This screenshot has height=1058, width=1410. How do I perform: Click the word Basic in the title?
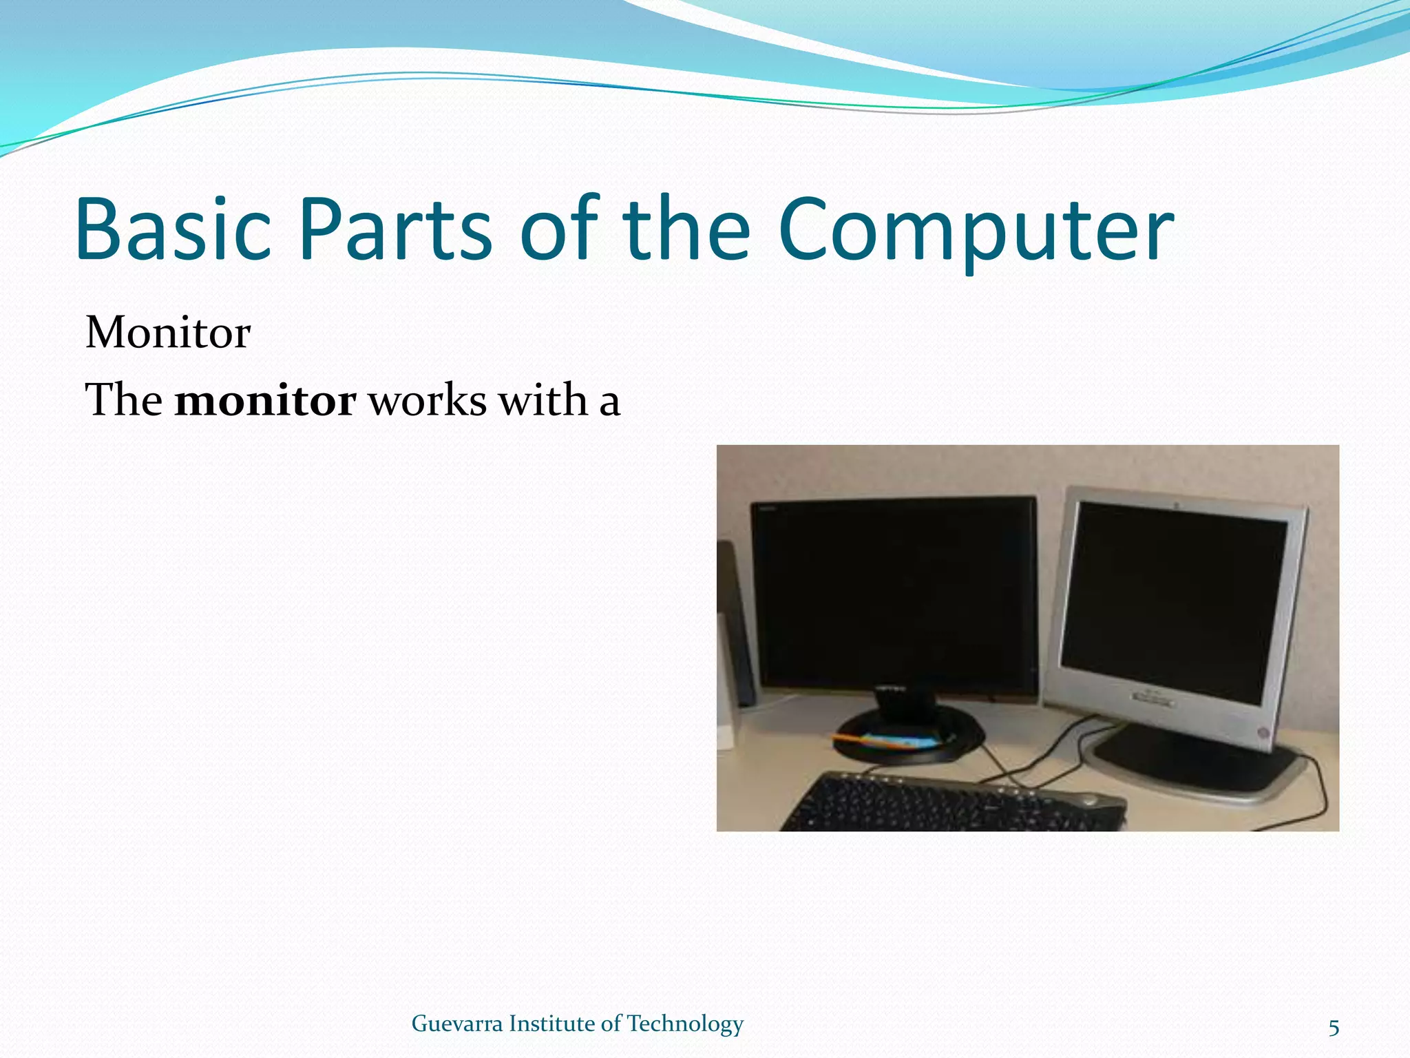[173, 229]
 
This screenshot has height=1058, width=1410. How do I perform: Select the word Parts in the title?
[395, 229]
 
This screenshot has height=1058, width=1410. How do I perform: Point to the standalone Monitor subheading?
[168, 333]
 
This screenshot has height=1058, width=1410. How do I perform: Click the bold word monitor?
[265, 400]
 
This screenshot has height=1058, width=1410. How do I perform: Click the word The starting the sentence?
[124, 400]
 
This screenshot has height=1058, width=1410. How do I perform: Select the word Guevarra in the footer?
[456, 1024]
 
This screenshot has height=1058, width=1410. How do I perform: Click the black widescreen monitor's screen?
[894, 596]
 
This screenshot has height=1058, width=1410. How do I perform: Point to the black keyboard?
[950, 802]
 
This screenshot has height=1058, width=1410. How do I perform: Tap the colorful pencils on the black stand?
[888, 742]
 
